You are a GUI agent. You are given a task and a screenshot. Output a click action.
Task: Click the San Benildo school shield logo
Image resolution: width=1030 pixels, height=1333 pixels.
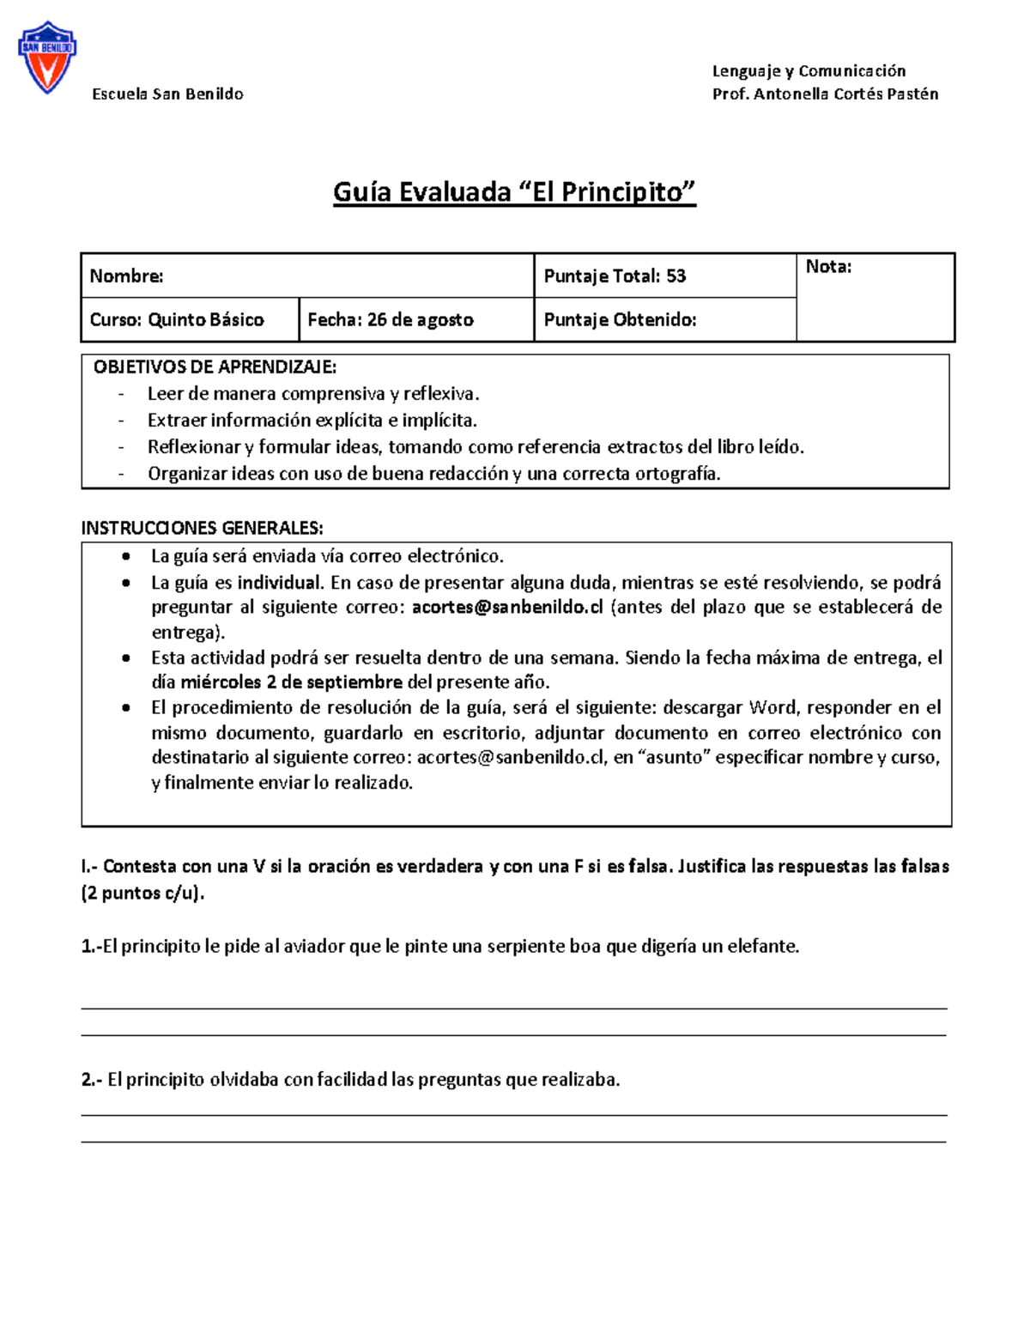click(x=47, y=58)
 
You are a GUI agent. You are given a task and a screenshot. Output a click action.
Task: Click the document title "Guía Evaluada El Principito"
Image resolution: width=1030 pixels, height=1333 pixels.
click(x=514, y=191)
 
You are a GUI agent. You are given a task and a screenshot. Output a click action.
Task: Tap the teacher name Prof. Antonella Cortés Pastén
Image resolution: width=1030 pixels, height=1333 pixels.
click(x=825, y=94)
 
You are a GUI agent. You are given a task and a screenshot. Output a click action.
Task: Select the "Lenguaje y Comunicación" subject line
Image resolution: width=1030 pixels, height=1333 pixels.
click(x=809, y=70)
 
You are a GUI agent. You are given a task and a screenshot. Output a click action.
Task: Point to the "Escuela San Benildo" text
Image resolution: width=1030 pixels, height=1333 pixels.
click(x=167, y=94)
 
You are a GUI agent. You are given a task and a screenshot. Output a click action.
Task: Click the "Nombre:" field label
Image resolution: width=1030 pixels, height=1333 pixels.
click(x=126, y=276)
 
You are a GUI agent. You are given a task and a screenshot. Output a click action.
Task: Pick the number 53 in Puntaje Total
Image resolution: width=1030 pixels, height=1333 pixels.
click(x=676, y=276)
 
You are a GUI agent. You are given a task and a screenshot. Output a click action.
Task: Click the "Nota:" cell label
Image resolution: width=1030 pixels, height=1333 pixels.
click(x=828, y=267)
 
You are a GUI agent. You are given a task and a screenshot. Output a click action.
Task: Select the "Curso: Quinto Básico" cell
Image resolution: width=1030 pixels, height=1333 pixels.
click(x=177, y=319)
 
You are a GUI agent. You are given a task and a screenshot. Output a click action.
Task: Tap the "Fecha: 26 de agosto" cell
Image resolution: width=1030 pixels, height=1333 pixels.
click(x=391, y=319)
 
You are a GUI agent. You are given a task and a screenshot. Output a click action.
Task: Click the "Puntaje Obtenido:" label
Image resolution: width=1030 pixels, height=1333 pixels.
click(x=620, y=319)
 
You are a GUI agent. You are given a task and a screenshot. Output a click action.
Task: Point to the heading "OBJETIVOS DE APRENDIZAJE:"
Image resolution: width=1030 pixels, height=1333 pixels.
click(x=215, y=367)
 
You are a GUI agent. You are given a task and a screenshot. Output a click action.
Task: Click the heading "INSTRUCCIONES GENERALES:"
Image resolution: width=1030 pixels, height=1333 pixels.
click(x=202, y=527)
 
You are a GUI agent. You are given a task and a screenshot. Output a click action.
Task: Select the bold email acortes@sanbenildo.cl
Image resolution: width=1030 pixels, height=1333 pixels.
click(x=507, y=607)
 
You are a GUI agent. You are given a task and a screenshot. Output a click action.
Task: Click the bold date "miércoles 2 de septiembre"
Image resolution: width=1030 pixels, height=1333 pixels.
click(x=291, y=682)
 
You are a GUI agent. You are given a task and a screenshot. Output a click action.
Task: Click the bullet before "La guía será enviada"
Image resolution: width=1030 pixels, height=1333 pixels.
click(x=127, y=556)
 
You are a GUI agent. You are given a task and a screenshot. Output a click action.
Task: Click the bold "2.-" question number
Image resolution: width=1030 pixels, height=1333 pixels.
click(x=92, y=1079)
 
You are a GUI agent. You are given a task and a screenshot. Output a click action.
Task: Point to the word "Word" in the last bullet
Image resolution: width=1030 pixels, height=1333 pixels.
click(x=772, y=707)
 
